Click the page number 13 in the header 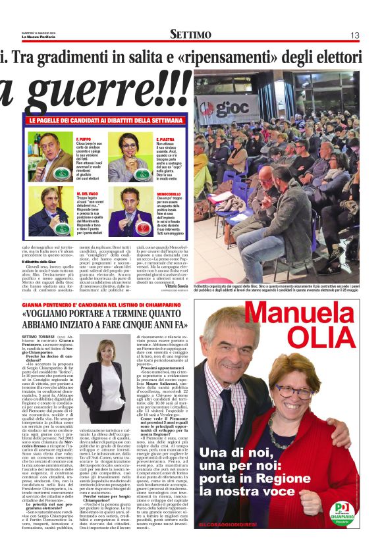tap(354, 35)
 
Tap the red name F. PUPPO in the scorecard tap(84, 139)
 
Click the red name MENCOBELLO tap(171, 193)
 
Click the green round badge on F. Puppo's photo tap(61, 175)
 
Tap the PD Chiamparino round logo tap(341, 510)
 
